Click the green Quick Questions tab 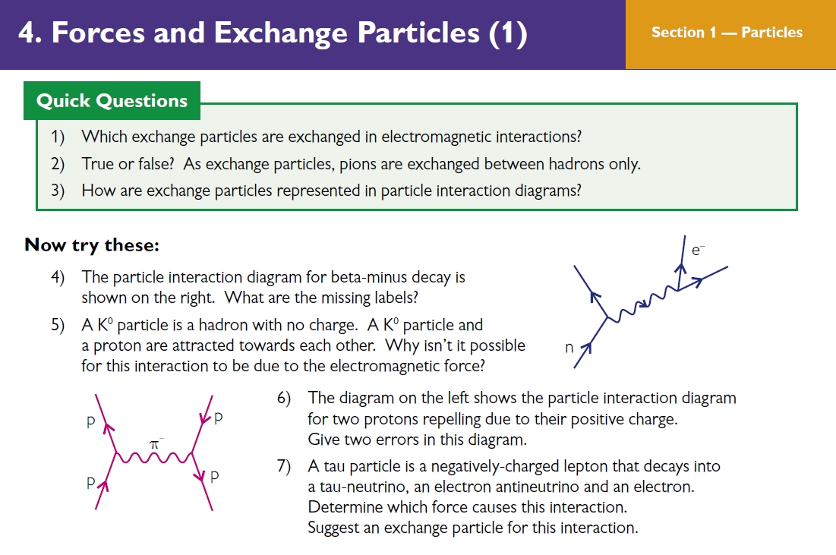coord(112,101)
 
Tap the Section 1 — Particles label coord(727,33)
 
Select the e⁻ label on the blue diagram coord(698,250)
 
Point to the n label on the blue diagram coord(569,348)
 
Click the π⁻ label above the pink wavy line coord(156,443)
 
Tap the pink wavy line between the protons coord(154,457)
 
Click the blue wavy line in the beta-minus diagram coord(643,304)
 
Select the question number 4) coord(58,277)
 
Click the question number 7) coord(284,466)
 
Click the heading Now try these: coord(92,245)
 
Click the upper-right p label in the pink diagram coord(218,418)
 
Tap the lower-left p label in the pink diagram coord(90,482)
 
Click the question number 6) coord(284,399)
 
